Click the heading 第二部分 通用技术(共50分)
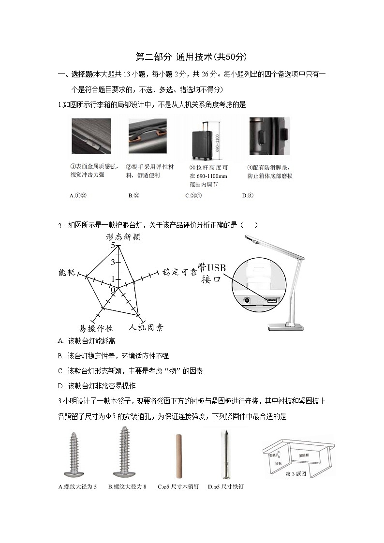pos(192,57)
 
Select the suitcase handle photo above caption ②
pos(148,136)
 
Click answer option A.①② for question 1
pos(78,196)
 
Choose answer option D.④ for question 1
pos(248,196)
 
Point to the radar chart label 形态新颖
pos(123,237)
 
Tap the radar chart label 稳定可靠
pos(179,272)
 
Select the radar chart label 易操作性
pos(96,329)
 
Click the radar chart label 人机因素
pos(146,328)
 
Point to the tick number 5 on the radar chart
pos(113,246)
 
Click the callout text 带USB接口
pos(211,273)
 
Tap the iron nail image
pos(224,454)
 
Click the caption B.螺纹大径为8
pos(127,486)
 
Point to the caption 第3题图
pos(296,474)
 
